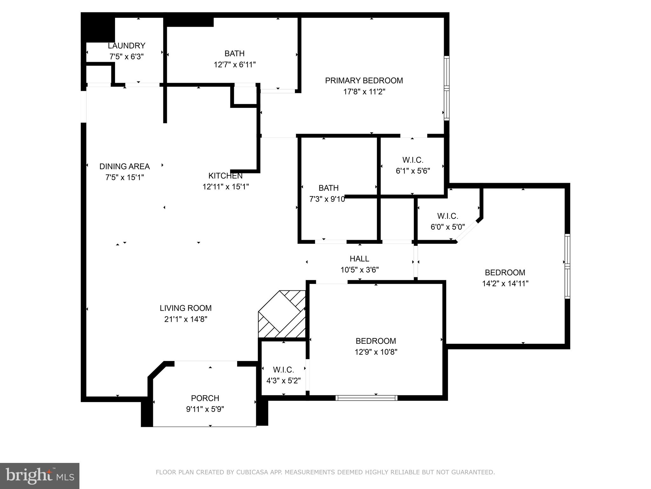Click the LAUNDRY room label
coord(127,46)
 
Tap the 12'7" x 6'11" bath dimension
coord(235,65)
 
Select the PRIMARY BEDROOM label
coord(364,81)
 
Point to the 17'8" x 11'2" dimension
coord(364,92)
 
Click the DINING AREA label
coord(125,166)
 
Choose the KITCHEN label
coord(225,176)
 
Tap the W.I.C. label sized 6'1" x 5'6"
coord(413,160)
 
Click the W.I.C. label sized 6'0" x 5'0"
coord(448,216)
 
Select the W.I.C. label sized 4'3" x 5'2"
coord(283,370)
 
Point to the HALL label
coord(359,259)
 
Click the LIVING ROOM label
coord(186,308)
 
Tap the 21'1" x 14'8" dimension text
coord(186,319)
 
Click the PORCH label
coord(205,398)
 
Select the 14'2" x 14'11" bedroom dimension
coord(505,283)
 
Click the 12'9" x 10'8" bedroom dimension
coord(376,352)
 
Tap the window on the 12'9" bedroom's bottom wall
coord(367,398)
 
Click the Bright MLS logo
coord(39,476)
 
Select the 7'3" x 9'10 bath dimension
coord(327,199)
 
